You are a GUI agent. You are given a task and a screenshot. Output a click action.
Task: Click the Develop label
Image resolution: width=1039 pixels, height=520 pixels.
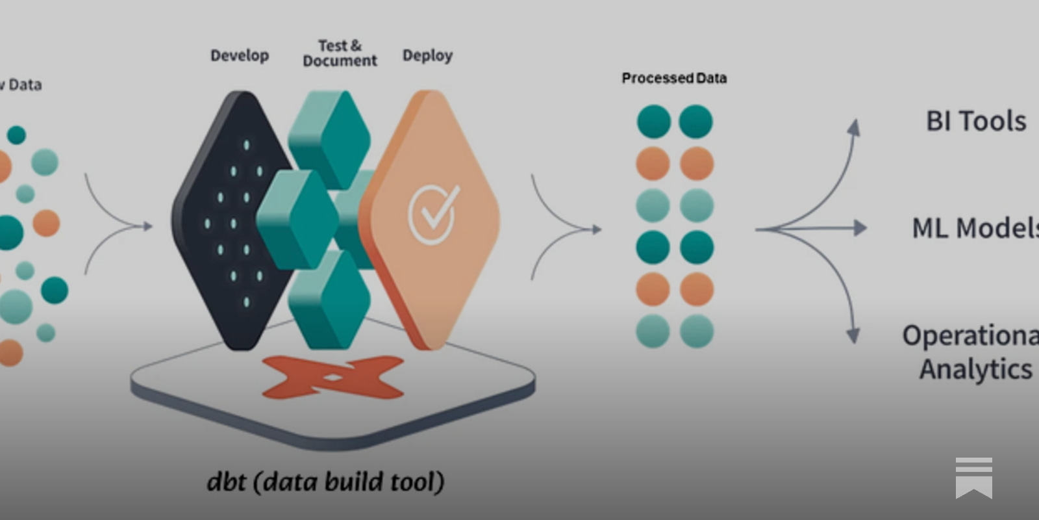point(240,56)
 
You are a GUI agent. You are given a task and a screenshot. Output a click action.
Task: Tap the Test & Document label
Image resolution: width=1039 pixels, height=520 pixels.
point(340,53)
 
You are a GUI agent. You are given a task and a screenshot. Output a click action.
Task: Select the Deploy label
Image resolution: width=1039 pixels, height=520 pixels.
point(427,56)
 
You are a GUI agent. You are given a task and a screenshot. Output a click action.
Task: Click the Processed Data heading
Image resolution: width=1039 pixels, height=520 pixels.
point(674,79)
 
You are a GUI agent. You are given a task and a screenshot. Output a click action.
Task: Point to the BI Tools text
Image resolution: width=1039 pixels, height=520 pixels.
point(976,122)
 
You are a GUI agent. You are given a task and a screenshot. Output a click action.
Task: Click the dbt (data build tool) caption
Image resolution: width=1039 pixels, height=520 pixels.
point(325,482)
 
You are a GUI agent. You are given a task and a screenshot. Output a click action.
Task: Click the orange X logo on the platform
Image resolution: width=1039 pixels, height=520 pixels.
point(332,378)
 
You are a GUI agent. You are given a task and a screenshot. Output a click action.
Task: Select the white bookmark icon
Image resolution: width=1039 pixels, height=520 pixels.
point(973,478)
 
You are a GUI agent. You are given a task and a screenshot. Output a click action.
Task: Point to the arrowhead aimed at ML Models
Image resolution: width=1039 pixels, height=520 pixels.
point(860,228)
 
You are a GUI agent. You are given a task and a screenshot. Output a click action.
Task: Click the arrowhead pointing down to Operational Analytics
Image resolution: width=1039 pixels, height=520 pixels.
point(853,335)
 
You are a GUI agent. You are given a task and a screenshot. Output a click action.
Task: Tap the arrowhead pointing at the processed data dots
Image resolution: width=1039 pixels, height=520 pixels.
point(595,229)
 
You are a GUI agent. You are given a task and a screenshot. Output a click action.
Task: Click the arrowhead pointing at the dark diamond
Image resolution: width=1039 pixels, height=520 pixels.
point(148,226)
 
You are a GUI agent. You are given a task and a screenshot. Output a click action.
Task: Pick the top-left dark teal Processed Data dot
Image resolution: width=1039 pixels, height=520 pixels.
point(653,122)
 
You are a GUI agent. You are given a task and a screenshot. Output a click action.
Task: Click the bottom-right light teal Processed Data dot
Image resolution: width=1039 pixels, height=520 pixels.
point(697,331)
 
